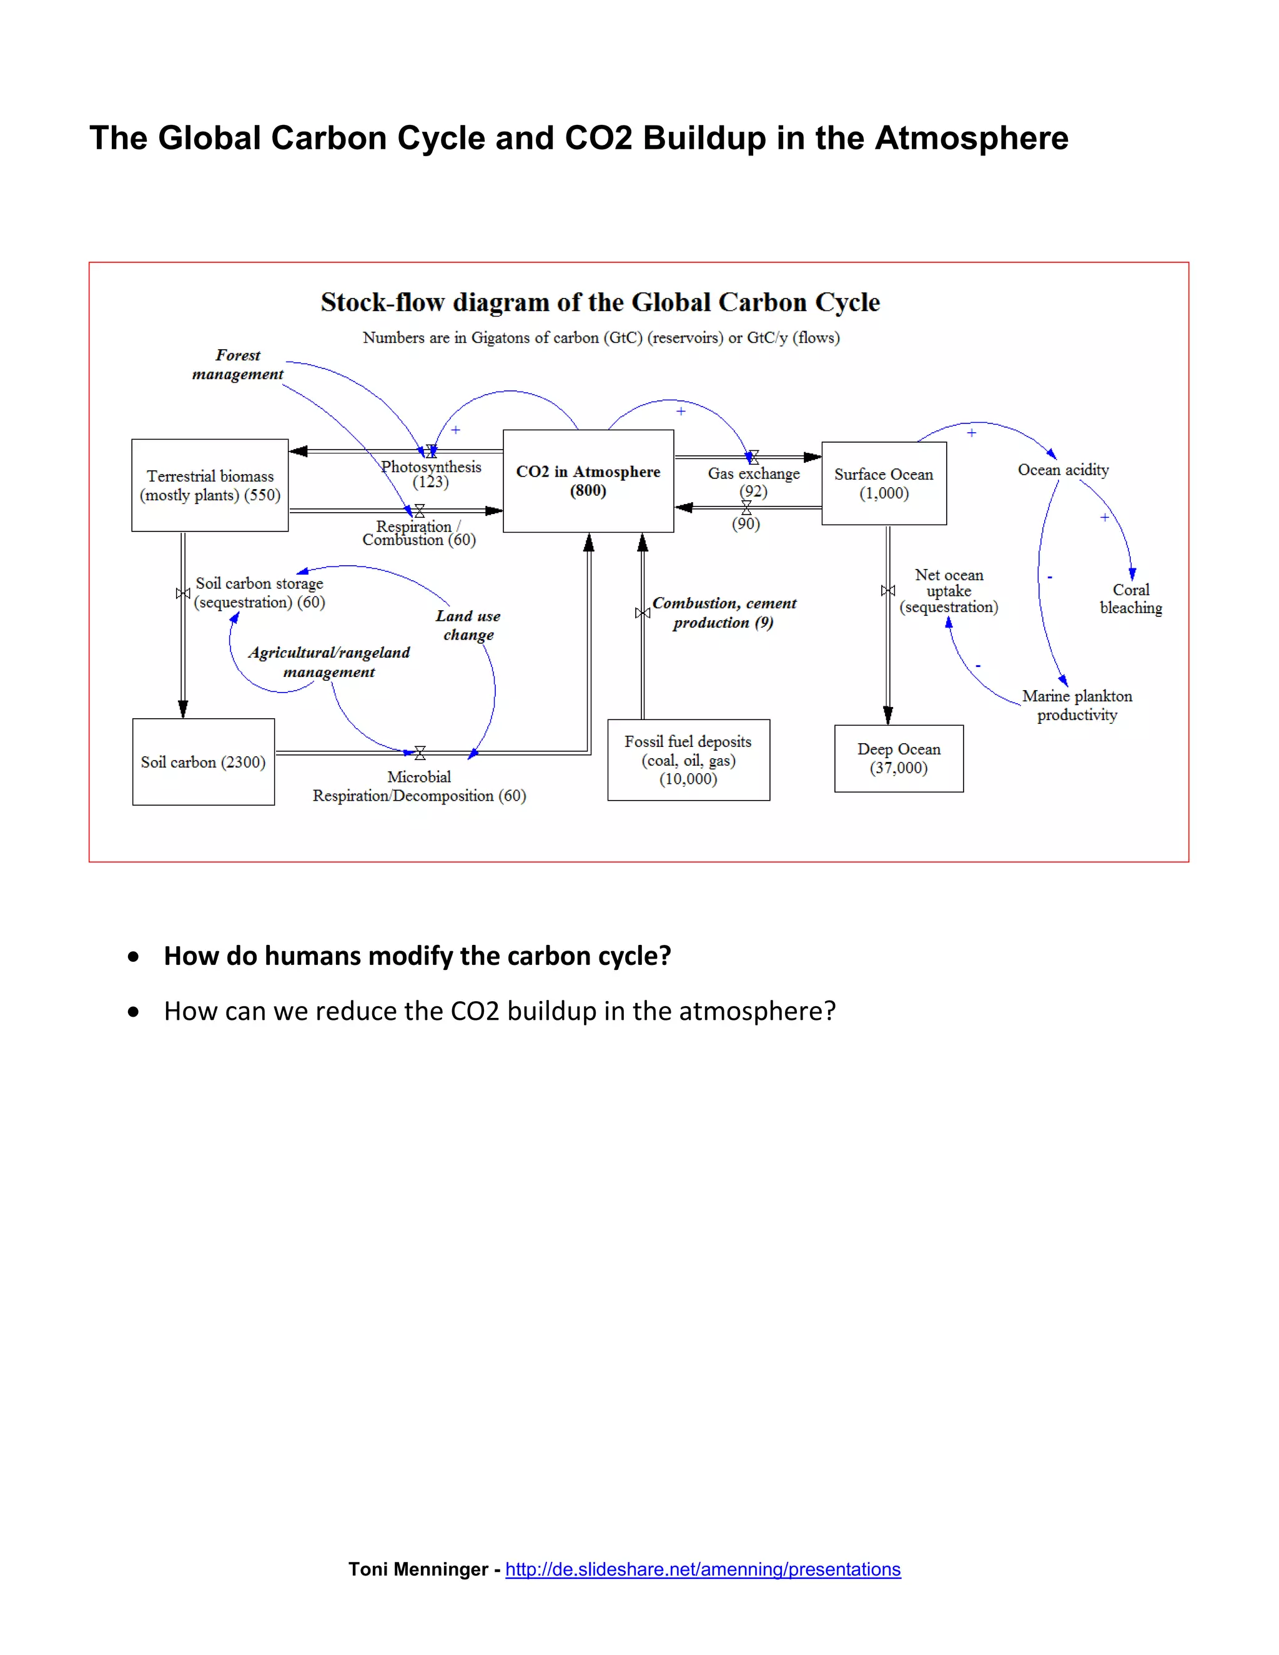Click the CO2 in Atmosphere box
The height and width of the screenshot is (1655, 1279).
(x=588, y=480)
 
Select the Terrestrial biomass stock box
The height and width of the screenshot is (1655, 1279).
(x=210, y=485)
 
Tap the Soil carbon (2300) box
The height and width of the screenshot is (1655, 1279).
(x=203, y=761)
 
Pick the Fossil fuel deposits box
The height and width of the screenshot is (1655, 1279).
(x=688, y=759)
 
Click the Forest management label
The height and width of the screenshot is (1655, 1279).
(x=237, y=365)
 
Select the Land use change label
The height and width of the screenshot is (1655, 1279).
(x=468, y=625)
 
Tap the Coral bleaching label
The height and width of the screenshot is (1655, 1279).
(x=1130, y=599)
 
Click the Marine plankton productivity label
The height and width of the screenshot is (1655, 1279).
(x=1077, y=704)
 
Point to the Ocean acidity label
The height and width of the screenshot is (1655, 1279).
(x=1063, y=470)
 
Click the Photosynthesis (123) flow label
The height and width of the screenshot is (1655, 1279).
(x=430, y=473)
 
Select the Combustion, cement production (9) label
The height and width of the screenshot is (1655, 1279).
(x=724, y=612)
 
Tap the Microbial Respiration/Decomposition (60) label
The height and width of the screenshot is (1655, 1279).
(x=419, y=786)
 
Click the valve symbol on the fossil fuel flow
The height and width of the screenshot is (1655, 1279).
(x=643, y=612)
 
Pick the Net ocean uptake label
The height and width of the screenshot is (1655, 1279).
(x=949, y=591)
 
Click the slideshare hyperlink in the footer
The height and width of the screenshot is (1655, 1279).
(x=703, y=1569)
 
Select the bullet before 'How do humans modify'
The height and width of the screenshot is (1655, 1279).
(x=134, y=956)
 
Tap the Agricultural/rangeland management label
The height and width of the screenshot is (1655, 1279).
(x=329, y=661)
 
